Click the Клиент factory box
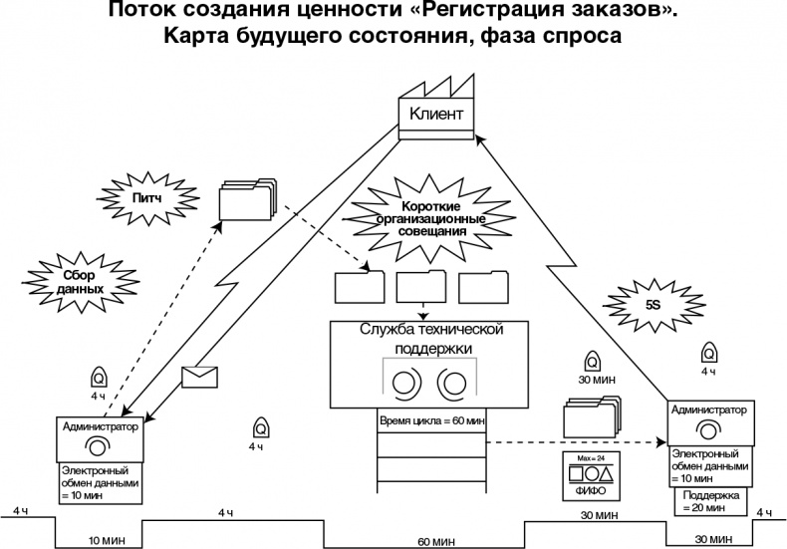pos(436,114)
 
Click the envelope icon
pos(199,377)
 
